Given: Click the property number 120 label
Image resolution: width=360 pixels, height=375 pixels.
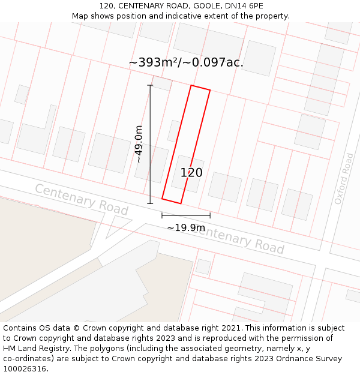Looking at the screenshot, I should (x=191, y=173).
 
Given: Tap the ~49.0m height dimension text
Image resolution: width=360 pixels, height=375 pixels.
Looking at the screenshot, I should (x=139, y=144).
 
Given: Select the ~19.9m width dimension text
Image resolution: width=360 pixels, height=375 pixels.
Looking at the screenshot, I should (x=185, y=228).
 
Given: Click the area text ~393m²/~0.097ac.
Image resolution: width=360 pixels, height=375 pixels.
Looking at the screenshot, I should (x=186, y=62).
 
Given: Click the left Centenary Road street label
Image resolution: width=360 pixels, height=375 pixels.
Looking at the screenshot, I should (x=82, y=200).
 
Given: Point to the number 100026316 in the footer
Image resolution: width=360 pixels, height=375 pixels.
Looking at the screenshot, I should (x=25, y=369).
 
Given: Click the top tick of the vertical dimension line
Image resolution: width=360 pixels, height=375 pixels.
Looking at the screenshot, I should (x=150, y=85).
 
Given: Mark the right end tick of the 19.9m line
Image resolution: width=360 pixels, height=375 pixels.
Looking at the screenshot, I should (x=210, y=215).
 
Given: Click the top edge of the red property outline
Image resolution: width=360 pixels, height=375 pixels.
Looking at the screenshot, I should (x=200, y=88).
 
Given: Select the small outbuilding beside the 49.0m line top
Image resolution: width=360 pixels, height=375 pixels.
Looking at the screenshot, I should (x=161, y=83).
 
